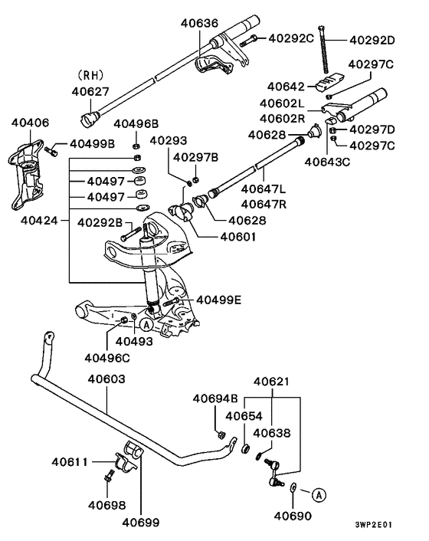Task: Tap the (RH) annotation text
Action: click(x=91, y=76)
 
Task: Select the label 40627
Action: click(x=91, y=91)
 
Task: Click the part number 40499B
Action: click(x=92, y=143)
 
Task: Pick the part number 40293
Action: click(x=168, y=140)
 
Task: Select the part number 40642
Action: click(x=286, y=87)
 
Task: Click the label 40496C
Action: click(x=107, y=357)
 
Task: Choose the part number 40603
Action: click(x=106, y=379)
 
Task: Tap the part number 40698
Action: click(x=106, y=505)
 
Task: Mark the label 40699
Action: click(x=141, y=523)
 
